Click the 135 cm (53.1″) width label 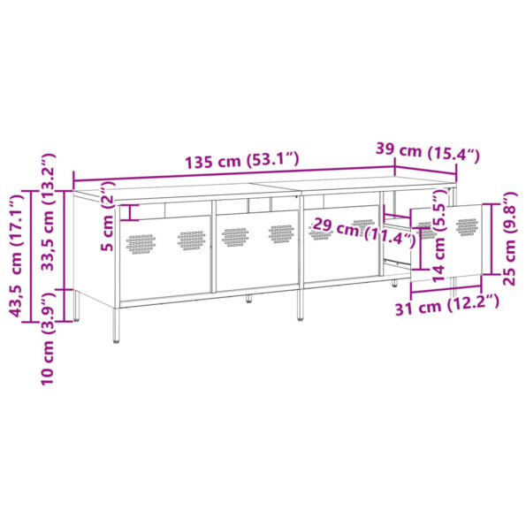pos(241,162)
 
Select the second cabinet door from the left pos(257,251)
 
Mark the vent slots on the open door pos(467,226)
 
